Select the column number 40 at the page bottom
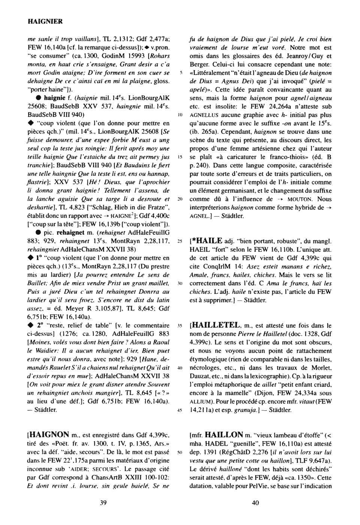[x=255, y=503]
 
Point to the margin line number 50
[x=179, y=452]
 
